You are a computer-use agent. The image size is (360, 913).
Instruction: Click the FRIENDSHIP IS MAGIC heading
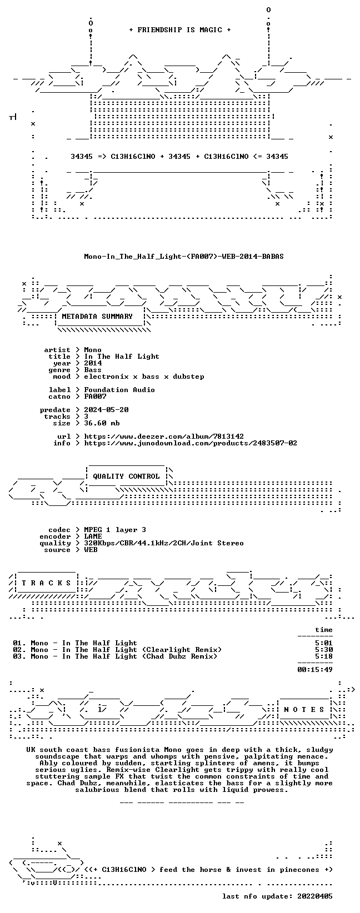[x=180, y=30]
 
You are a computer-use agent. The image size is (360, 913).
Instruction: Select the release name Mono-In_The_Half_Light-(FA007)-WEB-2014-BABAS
[x=184, y=257]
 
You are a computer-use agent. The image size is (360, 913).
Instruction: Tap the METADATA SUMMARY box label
[x=97, y=317]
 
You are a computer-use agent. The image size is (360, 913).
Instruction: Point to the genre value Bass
[x=93, y=370]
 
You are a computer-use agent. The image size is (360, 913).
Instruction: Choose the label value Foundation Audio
[x=119, y=390]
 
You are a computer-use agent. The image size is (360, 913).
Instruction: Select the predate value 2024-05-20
[x=107, y=410]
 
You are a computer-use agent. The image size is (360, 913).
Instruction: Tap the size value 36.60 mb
[x=102, y=423]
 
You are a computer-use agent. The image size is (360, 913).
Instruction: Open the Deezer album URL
[x=164, y=437]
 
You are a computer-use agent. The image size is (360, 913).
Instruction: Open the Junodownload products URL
[x=191, y=443]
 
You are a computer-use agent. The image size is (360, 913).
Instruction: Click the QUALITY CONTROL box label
[x=126, y=476]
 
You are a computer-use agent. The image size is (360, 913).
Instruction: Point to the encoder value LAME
[x=93, y=536]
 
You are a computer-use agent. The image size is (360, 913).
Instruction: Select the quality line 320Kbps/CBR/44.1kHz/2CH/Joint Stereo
[x=164, y=543]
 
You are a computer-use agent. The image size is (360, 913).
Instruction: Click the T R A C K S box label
[x=46, y=583]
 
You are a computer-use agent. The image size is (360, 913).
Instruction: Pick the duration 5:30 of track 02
[x=324, y=650]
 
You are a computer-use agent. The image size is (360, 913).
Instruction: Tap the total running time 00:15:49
[x=315, y=670]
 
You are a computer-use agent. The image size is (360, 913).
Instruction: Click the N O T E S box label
[x=304, y=710]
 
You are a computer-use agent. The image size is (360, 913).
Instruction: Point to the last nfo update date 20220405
[x=315, y=896]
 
